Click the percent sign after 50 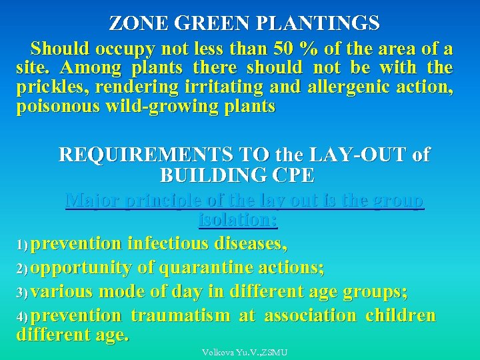[308, 49]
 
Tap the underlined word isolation [238, 219]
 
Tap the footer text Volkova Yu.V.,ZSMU [244, 351]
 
